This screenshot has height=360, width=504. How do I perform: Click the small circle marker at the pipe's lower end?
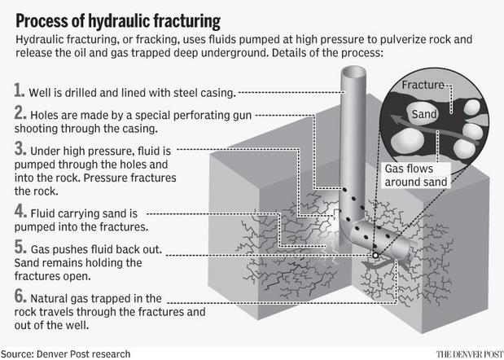(375, 256)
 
